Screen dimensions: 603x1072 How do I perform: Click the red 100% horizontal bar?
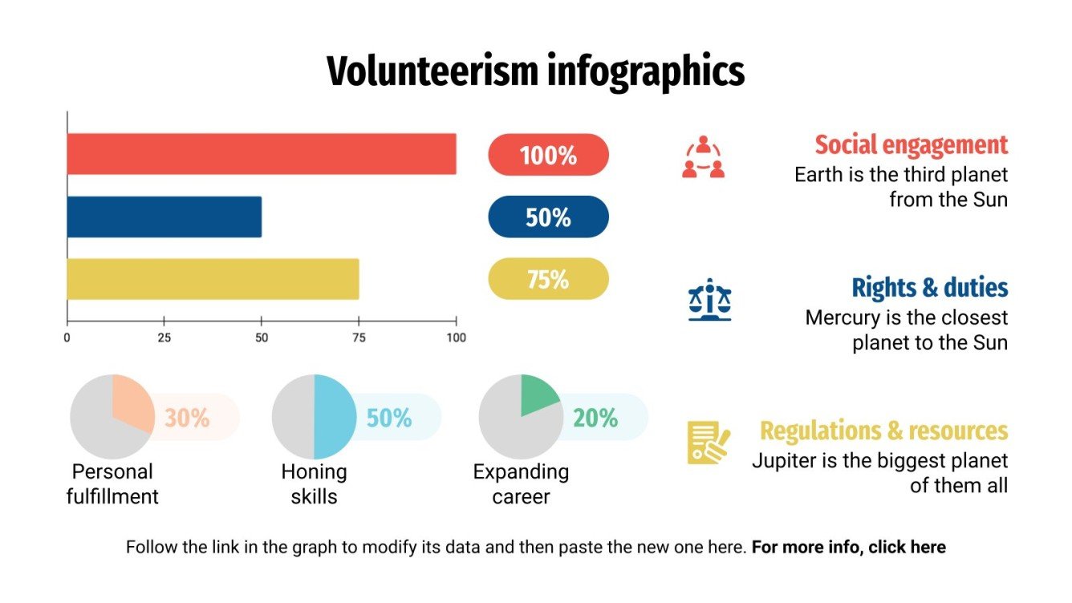(x=261, y=154)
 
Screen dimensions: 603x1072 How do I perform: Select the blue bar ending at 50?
(x=164, y=217)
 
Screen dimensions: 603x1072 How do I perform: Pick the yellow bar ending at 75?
(x=213, y=279)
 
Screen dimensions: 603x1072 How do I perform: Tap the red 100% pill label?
(x=548, y=155)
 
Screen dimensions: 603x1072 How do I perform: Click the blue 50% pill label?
(x=548, y=217)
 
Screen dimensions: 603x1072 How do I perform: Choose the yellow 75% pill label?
(x=548, y=279)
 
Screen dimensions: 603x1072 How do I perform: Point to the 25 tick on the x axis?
(x=164, y=338)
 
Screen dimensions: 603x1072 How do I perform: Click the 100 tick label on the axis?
(x=456, y=338)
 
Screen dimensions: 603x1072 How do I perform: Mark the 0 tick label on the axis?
(x=67, y=338)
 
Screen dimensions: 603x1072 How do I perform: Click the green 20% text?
(x=595, y=418)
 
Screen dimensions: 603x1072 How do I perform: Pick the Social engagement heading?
(x=911, y=145)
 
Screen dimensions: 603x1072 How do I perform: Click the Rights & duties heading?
(x=929, y=287)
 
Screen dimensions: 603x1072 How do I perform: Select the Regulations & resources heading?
(x=883, y=431)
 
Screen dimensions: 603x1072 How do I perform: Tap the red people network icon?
(x=704, y=157)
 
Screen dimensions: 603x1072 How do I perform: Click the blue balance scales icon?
(x=710, y=300)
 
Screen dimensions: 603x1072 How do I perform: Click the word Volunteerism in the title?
(x=432, y=72)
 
